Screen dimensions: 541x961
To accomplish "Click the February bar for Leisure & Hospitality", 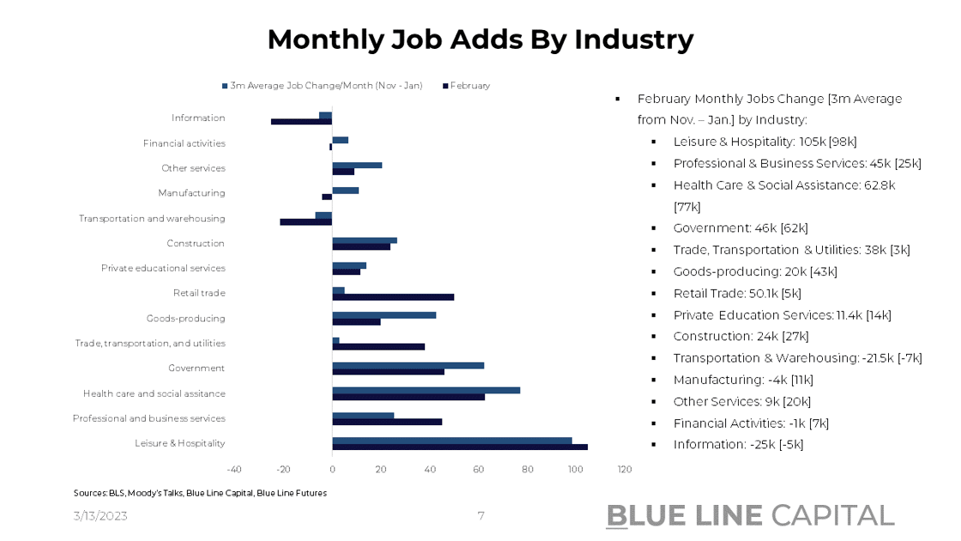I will coord(460,447).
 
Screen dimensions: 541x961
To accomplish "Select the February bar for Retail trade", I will coord(393,297).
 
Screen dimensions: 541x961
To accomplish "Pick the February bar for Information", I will coord(301,121).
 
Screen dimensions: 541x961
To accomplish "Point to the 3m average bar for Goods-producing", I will coord(384,315).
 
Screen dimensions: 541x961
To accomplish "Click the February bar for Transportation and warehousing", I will coord(305,222).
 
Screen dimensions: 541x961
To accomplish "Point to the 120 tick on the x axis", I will coord(625,470).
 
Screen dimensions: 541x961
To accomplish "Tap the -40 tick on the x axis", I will coord(233,470).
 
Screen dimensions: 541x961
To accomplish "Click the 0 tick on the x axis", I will coord(332,470).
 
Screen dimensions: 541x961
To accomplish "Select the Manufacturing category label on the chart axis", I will coord(191,193).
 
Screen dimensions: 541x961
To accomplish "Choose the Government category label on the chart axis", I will coord(196,368).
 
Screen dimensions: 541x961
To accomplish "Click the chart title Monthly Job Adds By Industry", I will coord(480,40).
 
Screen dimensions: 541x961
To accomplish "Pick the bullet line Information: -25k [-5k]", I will coord(738,444).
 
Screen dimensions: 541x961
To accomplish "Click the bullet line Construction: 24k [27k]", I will coord(740,336).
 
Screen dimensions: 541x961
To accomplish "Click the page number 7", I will coord(480,516).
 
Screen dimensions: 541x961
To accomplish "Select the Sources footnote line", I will coord(200,493).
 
